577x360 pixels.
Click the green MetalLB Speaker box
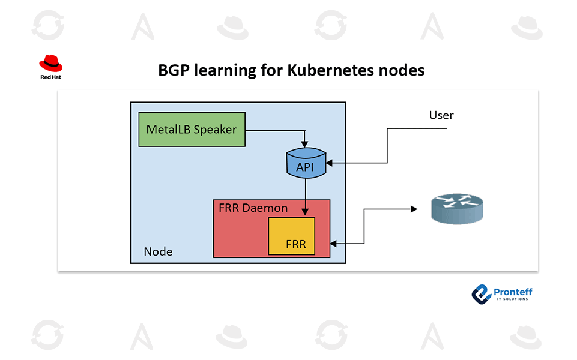coord(192,129)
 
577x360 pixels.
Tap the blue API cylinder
coord(305,163)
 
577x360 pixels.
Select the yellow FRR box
coord(291,236)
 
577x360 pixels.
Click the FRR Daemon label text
coord(253,208)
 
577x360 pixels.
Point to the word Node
coord(158,251)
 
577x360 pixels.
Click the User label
coord(441,115)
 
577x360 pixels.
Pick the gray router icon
coord(456,208)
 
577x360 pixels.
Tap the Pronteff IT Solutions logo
coord(502,294)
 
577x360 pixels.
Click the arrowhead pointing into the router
coord(413,209)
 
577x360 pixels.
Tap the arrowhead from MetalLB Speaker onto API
coord(305,144)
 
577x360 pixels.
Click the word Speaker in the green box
coord(215,129)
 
